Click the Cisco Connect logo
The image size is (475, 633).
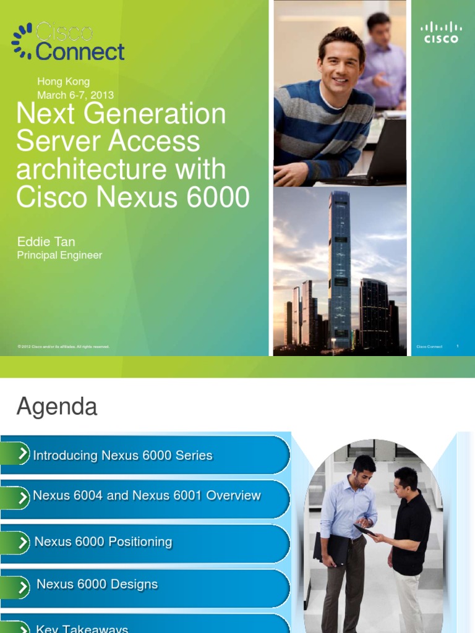[x=68, y=41]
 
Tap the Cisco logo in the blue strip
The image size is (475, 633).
[x=441, y=32]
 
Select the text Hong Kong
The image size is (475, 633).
[x=63, y=82]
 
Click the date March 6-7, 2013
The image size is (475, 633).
[x=75, y=95]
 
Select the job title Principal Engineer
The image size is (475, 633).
[x=59, y=255]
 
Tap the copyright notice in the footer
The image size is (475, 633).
[x=63, y=347]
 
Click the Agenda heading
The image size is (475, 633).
[x=57, y=407]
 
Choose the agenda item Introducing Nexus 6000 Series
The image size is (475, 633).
[x=122, y=456]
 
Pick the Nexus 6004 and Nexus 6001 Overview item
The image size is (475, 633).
[x=147, y=496]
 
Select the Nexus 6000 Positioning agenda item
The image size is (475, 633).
[x=103, y=542]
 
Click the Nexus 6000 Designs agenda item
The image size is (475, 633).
[x=97, y=584]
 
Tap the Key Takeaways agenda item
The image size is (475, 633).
[x=82, y=628]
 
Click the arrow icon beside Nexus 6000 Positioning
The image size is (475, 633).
[x=23, y=542]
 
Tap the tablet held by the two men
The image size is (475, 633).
[x=364, y=530]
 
